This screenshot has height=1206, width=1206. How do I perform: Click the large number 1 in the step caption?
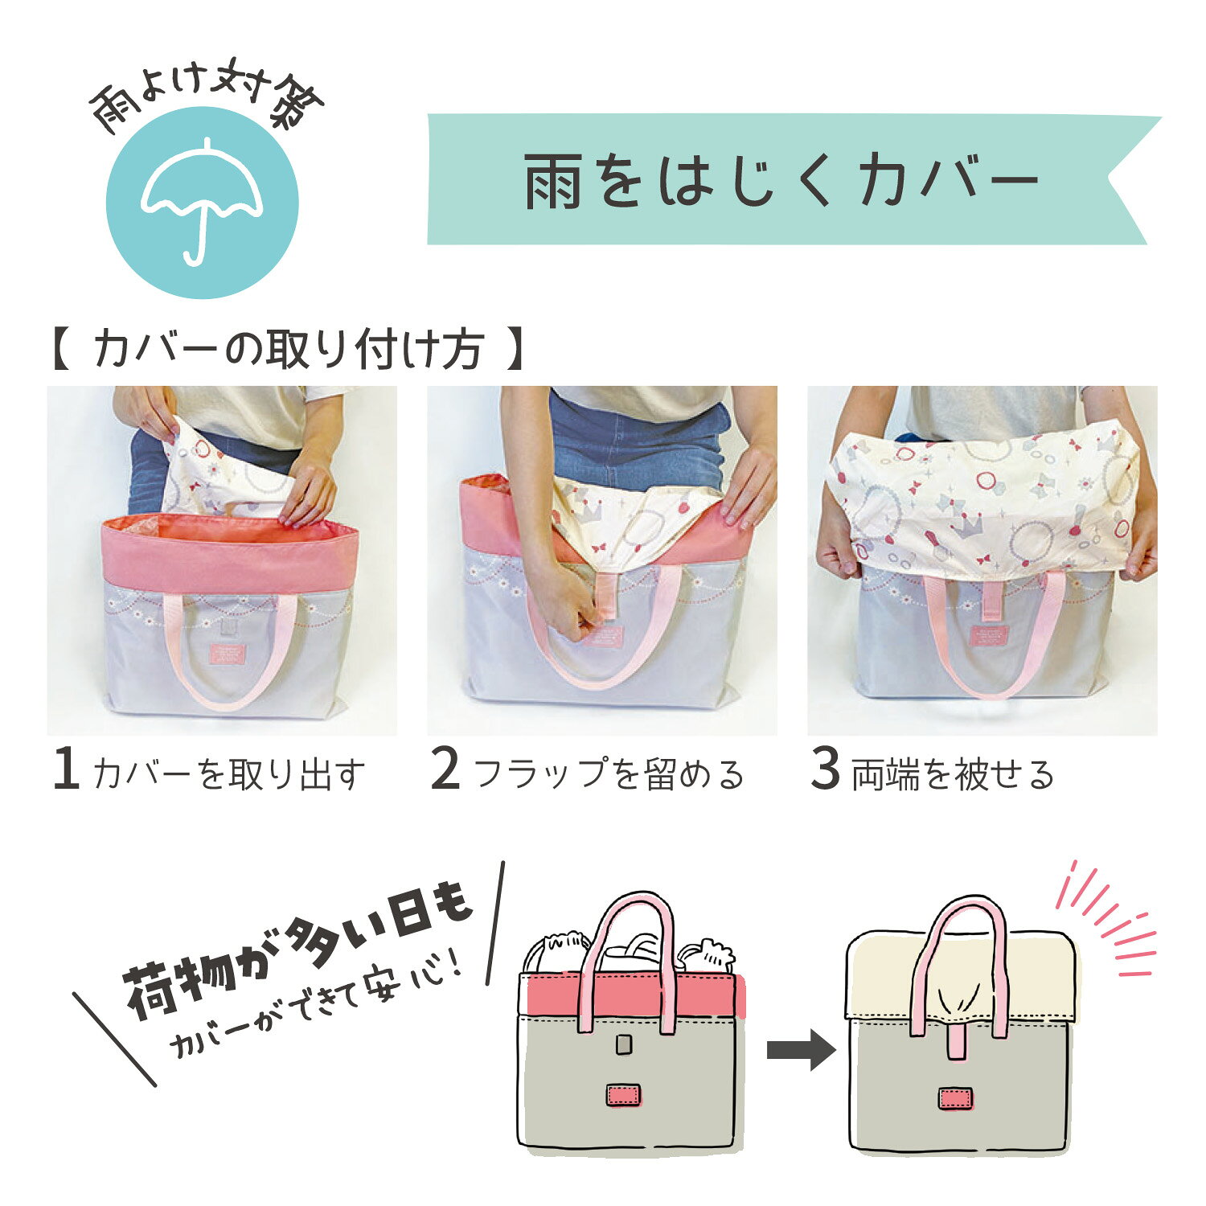[x=66, y=769]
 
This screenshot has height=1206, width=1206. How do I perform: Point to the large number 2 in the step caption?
[x=445, y=769]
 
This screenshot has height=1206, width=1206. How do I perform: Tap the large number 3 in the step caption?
[x=825, y=769]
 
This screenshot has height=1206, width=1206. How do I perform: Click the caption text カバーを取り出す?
[x=228, y=773]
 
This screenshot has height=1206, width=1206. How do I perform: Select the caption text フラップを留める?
[x=609, y=773]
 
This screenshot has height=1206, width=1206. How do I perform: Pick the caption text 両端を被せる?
[x=953, y=773]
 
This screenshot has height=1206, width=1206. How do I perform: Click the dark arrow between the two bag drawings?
[x=801, y=1049]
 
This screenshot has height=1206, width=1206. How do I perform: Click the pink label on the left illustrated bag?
[x=623, y=1095]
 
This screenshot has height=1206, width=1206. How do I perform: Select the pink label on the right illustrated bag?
[x=955, y=1098]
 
